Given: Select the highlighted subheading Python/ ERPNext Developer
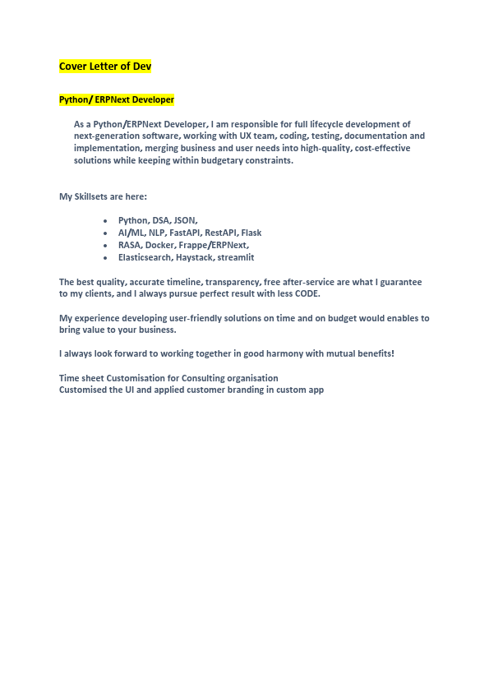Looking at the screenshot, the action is pos(117,99).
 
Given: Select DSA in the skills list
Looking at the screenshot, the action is pos(161,220).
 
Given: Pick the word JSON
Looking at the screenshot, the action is pos(186,220).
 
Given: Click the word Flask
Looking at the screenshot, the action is pos(251,233).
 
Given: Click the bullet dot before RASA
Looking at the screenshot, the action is pos(106,246).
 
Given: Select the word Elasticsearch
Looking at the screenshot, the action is pos(145,257).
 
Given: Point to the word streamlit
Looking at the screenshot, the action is pos(236,257).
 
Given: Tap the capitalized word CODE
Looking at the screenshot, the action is pos(307,293).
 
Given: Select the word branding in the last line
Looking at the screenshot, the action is pos(239,390).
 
